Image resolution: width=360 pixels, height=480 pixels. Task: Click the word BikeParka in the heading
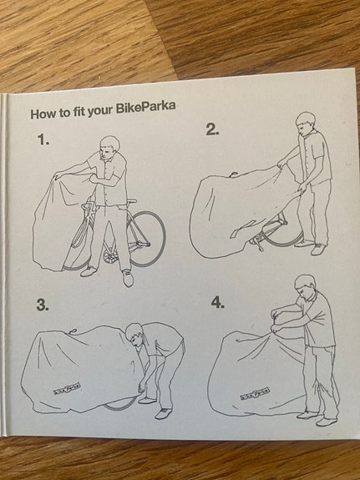tap(145, 108)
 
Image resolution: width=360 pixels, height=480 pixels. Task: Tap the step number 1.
tap(43, 140)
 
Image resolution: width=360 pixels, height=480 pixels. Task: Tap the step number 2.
tap(212, 130)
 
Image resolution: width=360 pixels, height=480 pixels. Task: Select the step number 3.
tap(43, 306)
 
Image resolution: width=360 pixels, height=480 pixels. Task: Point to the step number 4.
tap(218, 303)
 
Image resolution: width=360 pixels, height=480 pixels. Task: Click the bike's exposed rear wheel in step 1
tap(147, 238)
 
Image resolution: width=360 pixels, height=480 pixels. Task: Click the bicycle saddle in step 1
tap(131, 201)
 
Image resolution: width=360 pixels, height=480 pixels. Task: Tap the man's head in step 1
tap(109, 149)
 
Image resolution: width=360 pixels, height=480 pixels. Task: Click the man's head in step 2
tap(306, 124)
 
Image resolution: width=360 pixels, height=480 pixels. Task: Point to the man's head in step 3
tap(134, 336)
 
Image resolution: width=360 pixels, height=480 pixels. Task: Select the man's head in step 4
tap(305, 287)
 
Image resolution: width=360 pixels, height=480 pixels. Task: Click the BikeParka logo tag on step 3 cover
tap(67, 388)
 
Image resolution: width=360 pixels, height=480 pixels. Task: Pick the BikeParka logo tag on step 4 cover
tap(255, 393)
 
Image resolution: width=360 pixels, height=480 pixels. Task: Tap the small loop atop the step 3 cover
tap(73, 331)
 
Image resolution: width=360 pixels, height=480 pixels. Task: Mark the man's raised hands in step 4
tap(276, 321)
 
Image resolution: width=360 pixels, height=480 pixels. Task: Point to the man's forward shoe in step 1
tap(128, 278)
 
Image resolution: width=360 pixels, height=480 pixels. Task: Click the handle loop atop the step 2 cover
tap(234, 174)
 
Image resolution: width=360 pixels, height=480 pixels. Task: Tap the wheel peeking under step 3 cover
tap(119, 404)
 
